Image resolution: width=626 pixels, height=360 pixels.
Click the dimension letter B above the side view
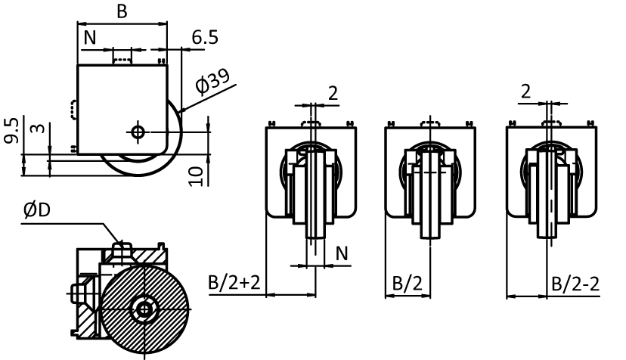(121, 12)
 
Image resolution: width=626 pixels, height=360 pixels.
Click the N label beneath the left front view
(341, 253)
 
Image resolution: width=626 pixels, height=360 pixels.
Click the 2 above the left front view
(333, 93)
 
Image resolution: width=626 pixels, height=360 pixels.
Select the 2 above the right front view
(525, 92)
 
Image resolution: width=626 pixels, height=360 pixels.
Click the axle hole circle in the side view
(138, 132)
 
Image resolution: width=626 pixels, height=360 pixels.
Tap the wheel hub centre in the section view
(143, 308)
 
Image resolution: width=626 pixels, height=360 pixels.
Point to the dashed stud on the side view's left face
(73, 110)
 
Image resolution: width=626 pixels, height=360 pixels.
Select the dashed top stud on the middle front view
(430, 122)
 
